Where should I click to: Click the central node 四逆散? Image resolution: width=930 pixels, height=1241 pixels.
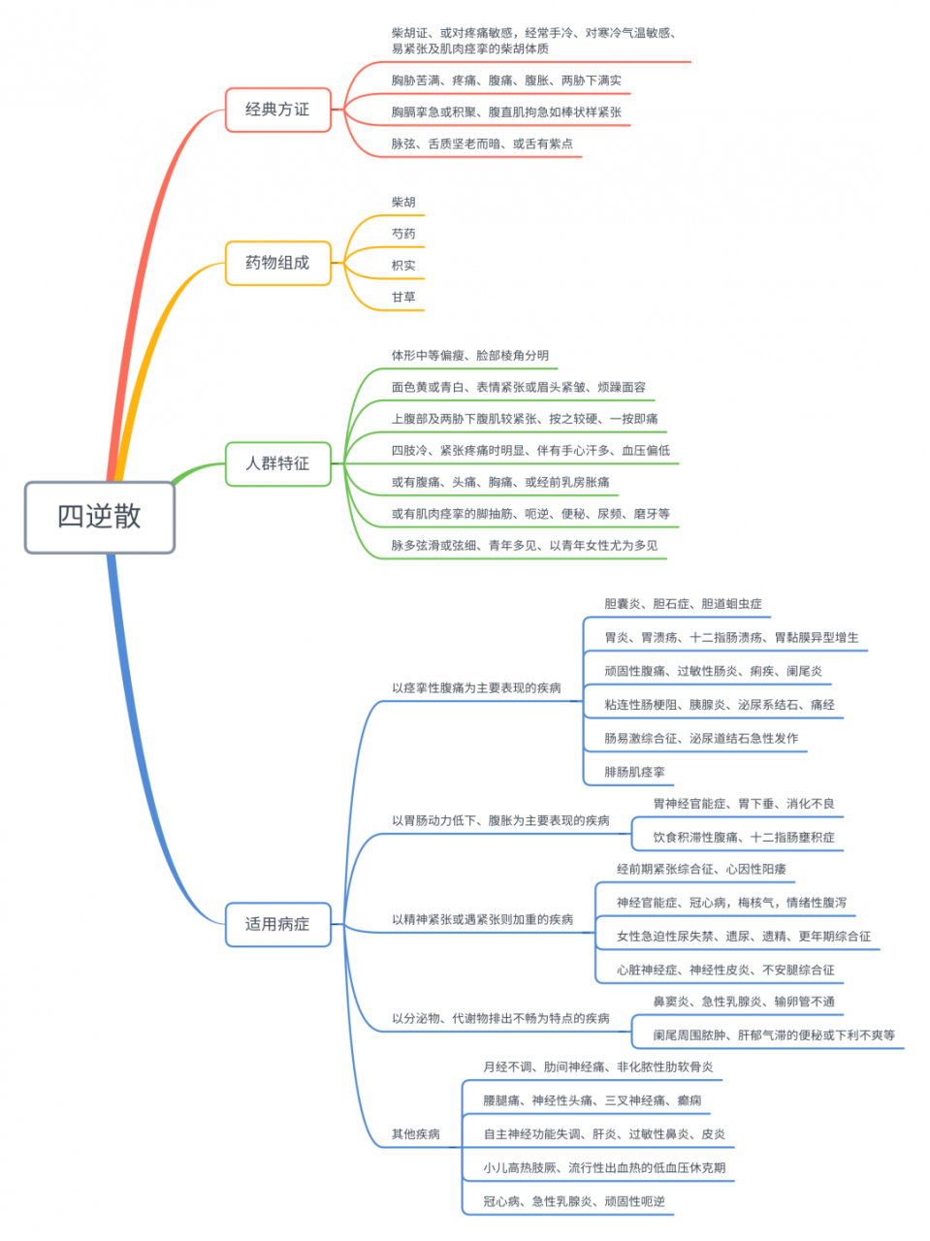point(99,517)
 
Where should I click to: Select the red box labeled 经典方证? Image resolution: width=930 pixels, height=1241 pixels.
point(277,110)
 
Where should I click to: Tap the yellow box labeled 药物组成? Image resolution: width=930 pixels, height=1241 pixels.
point(277,263)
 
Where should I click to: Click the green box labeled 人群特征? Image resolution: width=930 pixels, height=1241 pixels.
point(277,463)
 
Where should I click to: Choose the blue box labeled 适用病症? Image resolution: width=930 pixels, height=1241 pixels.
point(277,924)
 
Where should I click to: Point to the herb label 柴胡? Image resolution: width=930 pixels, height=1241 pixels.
point(403,203)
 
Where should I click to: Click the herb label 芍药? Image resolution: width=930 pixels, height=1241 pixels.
point(403,234)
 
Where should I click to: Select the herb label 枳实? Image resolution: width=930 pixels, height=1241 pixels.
point(403,266)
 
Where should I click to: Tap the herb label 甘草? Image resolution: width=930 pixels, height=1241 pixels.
point(403,298)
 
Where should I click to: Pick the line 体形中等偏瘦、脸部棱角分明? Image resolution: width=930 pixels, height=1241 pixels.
point(469,356)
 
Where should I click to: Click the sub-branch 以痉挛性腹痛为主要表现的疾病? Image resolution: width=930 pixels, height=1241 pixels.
point(476,688)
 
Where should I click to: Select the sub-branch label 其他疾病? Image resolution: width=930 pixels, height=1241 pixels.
point(415,1134)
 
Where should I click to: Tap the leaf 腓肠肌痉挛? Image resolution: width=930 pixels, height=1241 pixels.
point(634,773)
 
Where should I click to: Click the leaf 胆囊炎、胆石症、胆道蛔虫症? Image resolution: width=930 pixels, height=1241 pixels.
point(683,604)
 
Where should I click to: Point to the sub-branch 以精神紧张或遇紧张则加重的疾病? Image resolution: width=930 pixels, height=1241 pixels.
point(482,919)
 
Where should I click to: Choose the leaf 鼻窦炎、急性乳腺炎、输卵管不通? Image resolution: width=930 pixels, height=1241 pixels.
point(743,1002)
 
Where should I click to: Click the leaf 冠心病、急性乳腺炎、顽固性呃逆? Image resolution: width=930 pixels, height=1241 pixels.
point(574,1202)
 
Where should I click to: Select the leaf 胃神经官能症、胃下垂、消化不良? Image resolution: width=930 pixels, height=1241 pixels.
point(743,804)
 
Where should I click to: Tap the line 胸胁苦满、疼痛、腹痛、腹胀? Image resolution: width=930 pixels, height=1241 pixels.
point(506,80)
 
